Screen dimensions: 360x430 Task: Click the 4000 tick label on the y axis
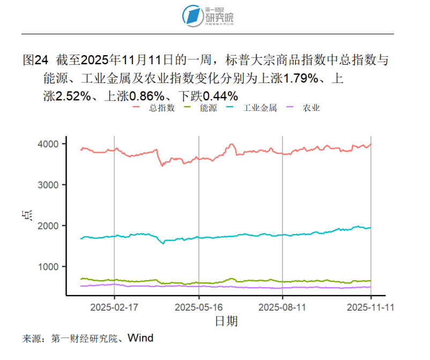pyautogui.click(x=48, y=144)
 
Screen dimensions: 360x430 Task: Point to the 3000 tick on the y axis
pyautogui.click(x=48, y=185)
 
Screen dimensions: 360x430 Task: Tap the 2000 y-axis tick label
pyautogui.click(x=48, y=226)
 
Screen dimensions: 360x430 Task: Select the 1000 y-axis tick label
pyautogui.click(x=48, y=267)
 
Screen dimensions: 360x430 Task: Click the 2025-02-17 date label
pyautogui.click(x=114, y=307)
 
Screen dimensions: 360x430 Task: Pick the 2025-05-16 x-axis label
pyautogui.click(x=199, y=307)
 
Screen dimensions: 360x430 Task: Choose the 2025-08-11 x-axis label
pyautogui.click(x=283, y=307)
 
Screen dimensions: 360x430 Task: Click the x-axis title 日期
pyautogui.click(x=226, y=321)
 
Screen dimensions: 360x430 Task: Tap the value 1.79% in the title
pyautogui.click(x=301, y=79)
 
